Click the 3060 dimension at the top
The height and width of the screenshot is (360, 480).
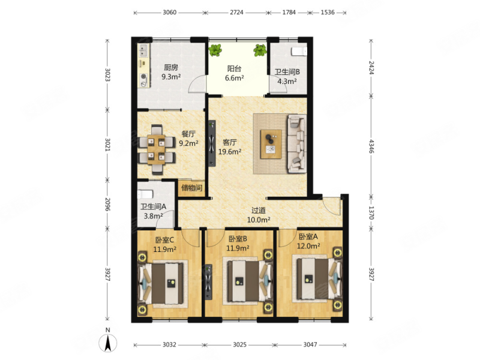point(170,12)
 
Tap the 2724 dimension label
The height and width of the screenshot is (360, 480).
point(236,12)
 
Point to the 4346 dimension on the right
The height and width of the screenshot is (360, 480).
point(371,146)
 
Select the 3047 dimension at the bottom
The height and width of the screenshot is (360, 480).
point(310,344)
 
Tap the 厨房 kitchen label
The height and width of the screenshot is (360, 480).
point(171,67)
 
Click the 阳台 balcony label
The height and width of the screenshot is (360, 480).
point(234,68)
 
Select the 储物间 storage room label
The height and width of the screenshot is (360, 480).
point(192,188)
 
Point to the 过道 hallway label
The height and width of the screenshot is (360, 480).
point(259,211)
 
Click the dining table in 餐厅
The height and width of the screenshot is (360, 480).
point(157,149)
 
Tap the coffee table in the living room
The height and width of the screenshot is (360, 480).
point(271,144)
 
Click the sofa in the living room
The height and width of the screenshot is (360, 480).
point(296,144)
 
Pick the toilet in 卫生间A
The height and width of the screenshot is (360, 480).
point(145,194)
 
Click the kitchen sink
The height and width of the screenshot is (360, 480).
point(143,51)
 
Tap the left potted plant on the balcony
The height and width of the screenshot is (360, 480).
point(215,50)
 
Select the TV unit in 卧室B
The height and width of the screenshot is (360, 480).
point(209,282)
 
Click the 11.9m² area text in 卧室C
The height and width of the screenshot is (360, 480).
point(164,249)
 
